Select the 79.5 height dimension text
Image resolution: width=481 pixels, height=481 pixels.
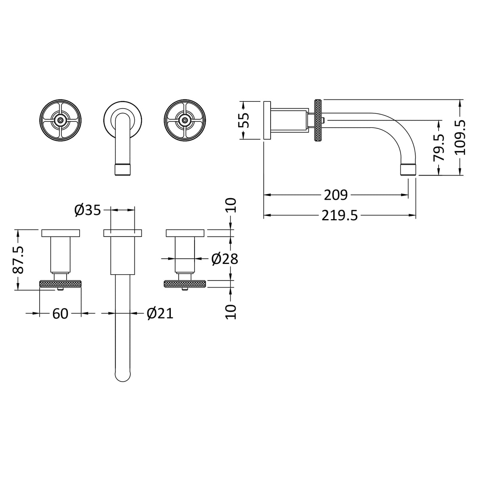click(439, 147)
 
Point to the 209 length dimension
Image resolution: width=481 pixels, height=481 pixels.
click(336, 195)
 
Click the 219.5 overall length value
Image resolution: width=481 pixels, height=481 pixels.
click(340, 216)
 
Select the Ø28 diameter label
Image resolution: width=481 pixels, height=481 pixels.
click(224, 259)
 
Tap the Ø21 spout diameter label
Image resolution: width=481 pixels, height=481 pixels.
click(160, 313)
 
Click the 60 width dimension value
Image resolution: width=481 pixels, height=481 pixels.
click(60, 313)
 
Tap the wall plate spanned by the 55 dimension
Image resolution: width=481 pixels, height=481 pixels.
click(267, 120)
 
